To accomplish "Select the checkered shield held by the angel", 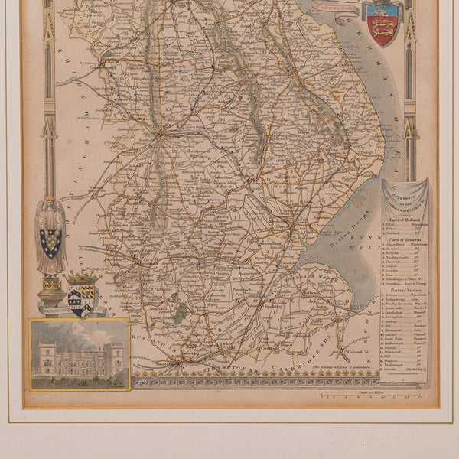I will tap(50, 243).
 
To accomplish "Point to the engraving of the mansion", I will tap(79, 354).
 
